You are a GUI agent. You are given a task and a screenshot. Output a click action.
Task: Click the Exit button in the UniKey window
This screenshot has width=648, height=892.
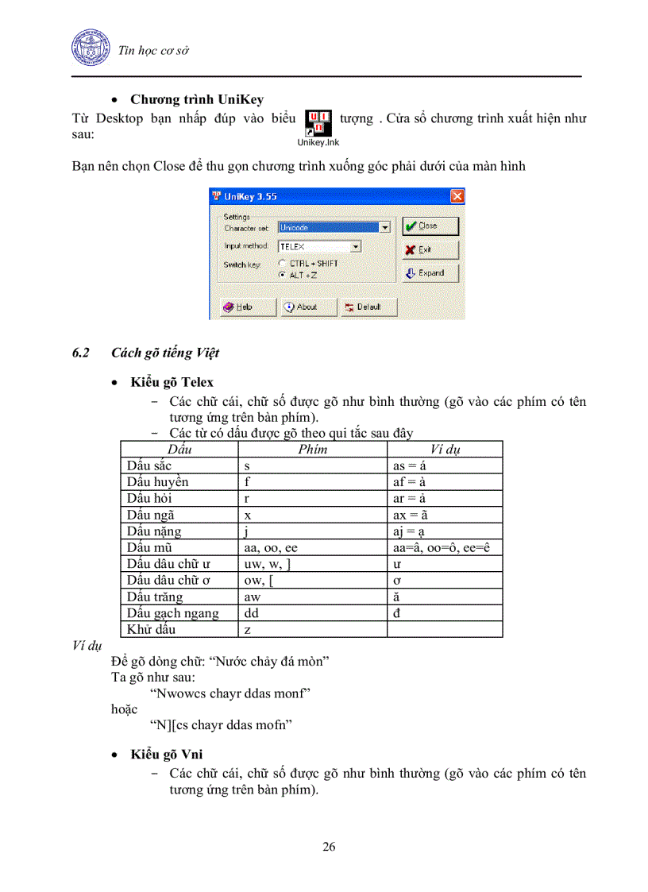430,249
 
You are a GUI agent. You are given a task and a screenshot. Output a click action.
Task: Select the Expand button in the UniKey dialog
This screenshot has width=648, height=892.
430,273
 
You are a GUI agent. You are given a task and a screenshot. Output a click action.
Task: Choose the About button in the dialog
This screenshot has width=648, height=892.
307,307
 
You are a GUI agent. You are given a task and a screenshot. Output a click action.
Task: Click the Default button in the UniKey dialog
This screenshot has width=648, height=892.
368,307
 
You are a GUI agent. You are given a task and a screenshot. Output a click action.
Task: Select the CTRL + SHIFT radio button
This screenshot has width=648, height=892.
282,263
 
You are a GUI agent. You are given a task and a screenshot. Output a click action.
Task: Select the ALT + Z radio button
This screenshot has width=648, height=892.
282,274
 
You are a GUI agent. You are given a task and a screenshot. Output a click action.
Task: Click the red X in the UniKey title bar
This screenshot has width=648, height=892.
457,196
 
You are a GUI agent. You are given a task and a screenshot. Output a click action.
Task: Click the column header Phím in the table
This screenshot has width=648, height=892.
311,450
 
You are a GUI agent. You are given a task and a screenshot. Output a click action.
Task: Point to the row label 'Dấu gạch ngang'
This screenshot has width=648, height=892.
172,613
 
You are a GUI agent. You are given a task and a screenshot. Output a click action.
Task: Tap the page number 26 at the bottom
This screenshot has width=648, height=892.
329,847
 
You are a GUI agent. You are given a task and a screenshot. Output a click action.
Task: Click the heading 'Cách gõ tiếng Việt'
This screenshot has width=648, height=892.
165,353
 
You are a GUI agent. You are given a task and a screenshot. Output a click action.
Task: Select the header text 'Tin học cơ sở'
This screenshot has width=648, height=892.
152,51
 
